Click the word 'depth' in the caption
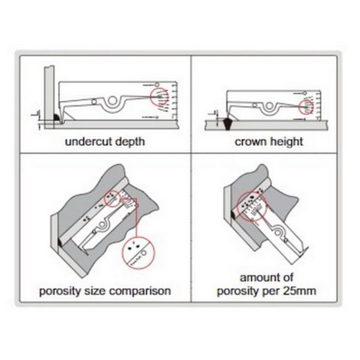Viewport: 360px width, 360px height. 130,143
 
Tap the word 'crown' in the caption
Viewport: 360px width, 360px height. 251,143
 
